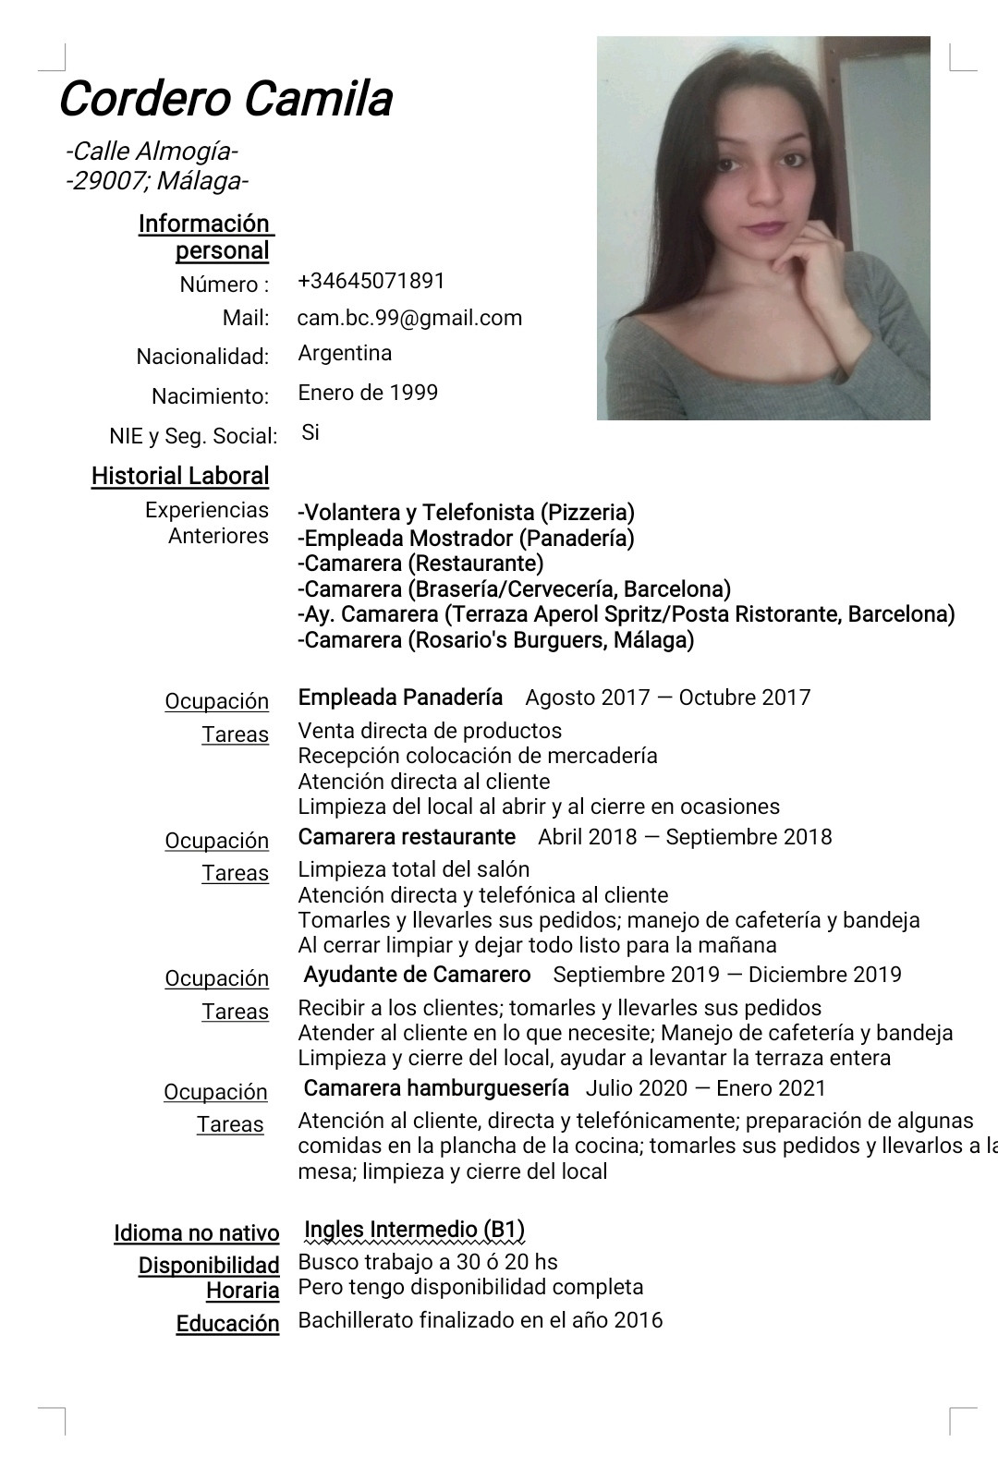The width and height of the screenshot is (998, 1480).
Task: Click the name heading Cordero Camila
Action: click(x=225, y=99)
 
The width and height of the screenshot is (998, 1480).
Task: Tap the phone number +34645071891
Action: click(x=371, y=281)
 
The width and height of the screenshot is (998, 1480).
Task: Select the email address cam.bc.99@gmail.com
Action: click(x=409, y=318)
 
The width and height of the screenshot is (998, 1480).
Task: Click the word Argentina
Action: click(x=345, y=353)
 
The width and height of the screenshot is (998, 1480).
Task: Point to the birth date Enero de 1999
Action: click(x=368, y=393)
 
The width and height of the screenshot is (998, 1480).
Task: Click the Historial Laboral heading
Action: click(x=180, y=476)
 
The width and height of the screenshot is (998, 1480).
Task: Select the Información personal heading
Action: click(x=205, y=237)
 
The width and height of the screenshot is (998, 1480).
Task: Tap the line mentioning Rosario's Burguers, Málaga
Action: click(x=495, y=639)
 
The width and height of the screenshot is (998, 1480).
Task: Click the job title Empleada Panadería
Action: click(x=400, y=697)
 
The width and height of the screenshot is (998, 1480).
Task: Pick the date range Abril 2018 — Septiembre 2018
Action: click(x=685, y=837)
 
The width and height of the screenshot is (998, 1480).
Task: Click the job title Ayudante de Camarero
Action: click(x=417, y=975)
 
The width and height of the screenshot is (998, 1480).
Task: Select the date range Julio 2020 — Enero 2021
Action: click(x=705, y=1088)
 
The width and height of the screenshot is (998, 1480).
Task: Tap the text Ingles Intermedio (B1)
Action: click(x=414, y=1230)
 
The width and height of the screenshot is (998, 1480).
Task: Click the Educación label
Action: click(x=227, y=1324)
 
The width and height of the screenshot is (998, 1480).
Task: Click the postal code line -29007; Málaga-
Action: click(x=157, y=180)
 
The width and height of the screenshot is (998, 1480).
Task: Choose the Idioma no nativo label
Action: click(x=196, y=1233)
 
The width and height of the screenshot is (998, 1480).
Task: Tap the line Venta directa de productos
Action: click(x=430, y=731)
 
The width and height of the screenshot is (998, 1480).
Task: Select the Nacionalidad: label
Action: click(x=202, y=357)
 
